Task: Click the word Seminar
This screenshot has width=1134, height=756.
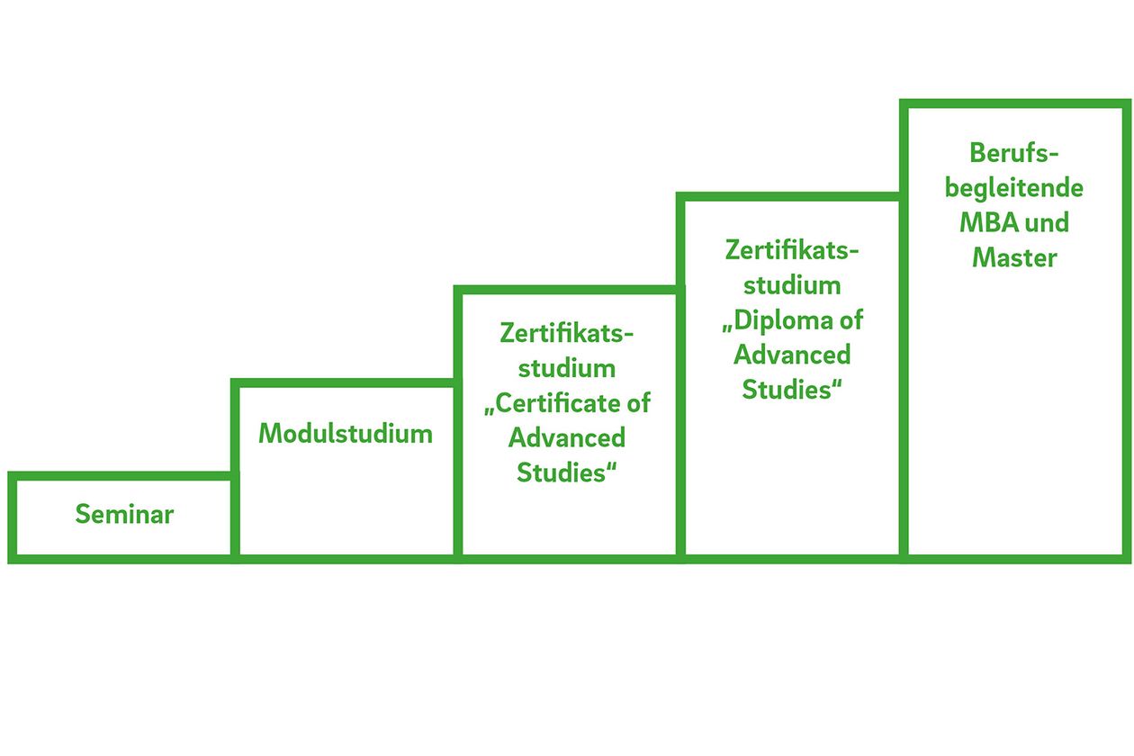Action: [124, 515]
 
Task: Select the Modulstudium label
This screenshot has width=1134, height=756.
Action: [346, 434]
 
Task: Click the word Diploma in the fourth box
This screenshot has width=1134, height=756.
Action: [777, 319]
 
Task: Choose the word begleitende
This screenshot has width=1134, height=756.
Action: [1013, 188]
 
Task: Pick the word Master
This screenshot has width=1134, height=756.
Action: [1014, 257]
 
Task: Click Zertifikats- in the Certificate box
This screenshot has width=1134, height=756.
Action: [567, 333]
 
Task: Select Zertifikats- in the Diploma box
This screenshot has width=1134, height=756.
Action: [792, 249]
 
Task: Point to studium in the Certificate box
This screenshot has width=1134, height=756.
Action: [567, 368]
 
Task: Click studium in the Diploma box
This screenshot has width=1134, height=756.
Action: [792, 284]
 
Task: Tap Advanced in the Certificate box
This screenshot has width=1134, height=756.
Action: [567, 438]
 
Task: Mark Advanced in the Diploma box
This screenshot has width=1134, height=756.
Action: [792, 355]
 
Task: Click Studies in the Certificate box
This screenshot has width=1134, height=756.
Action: [563, 472]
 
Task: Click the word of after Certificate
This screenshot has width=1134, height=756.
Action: [637, 403]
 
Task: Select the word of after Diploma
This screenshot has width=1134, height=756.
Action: [849, 319]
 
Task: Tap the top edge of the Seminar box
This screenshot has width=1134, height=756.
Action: [121, 476]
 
